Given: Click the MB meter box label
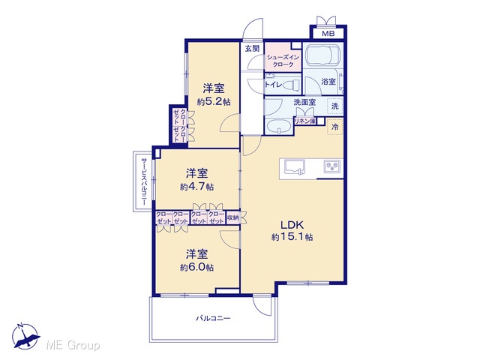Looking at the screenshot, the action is (x=328, y=34).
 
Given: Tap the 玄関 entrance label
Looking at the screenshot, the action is (x=252, y=48).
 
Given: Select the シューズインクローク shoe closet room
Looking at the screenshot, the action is (x=283, y=57).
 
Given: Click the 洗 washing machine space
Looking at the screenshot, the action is (x=335, y=106).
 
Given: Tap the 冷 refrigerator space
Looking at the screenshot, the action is (x=335, y=127).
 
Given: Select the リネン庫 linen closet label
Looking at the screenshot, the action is (x=305, y=121).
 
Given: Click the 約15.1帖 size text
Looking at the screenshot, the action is (x=292, y=237).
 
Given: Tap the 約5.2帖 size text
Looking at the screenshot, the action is (x=214, y=102).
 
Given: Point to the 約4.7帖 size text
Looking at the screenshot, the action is (x=196, y=187).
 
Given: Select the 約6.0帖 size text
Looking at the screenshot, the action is (x=196, y=268).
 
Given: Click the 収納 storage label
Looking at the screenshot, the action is (x=233, y=217).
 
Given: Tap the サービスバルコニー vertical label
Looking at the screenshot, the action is (x=143, y=181).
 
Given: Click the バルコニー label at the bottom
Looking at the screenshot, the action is (x=213, y=318).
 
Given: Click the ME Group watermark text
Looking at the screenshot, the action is (x=73, y=346).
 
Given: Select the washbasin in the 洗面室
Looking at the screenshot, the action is (x=278, y=126).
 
